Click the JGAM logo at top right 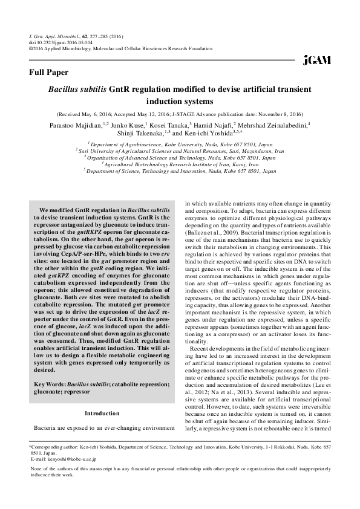tap(316, 60)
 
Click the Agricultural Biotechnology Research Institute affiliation tap(180, 164)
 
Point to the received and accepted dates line tap(180, 114)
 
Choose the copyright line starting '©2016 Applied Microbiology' tap(121, 49)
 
